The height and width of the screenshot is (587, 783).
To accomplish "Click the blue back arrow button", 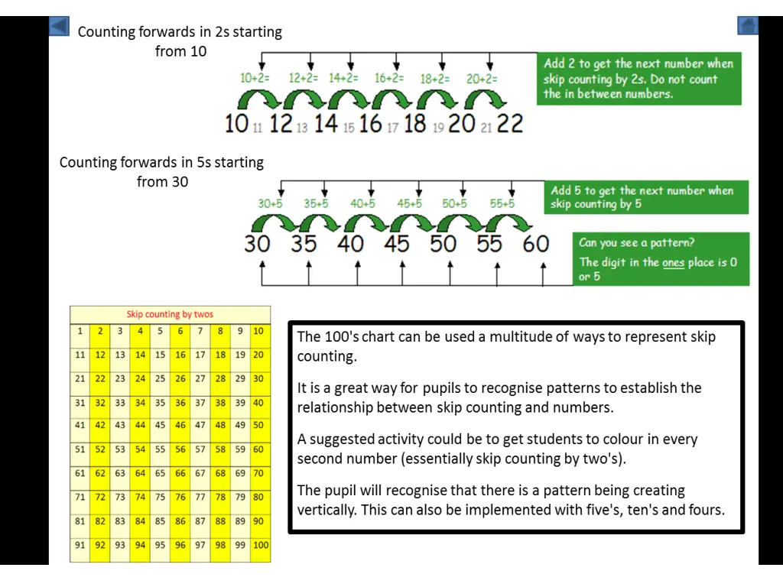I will pos(59,27).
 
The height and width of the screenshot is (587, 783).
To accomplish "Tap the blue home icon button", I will pos(747,26).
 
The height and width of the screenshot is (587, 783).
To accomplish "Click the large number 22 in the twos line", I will pos(510,123).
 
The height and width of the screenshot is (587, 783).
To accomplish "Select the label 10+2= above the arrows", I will pos(255,78).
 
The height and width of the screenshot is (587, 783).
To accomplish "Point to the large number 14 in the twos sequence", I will pos(326,123).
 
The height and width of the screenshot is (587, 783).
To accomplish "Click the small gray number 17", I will pos(392,128).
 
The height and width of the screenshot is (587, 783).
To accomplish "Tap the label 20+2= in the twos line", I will pos(482,78).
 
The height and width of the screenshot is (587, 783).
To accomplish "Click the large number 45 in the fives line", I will pos(397,244).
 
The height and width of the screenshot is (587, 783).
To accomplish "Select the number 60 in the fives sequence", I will pos(535,244).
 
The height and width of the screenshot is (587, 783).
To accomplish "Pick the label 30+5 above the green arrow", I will pos(270,204).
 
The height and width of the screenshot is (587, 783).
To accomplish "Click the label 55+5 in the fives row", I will pos(502,204).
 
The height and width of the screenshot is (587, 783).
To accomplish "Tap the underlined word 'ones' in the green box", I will pos(673,262).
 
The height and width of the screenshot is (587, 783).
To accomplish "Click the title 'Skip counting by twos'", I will pos(170,314).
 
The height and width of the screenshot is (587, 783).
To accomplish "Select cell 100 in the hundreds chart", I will pos(261,545).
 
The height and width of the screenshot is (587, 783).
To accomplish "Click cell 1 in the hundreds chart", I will pos(80,331).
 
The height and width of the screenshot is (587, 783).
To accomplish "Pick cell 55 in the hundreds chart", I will pos(160,449).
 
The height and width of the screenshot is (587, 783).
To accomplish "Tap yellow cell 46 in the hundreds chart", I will pos(180,426).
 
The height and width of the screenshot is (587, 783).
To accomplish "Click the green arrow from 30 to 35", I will pos(273,223).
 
